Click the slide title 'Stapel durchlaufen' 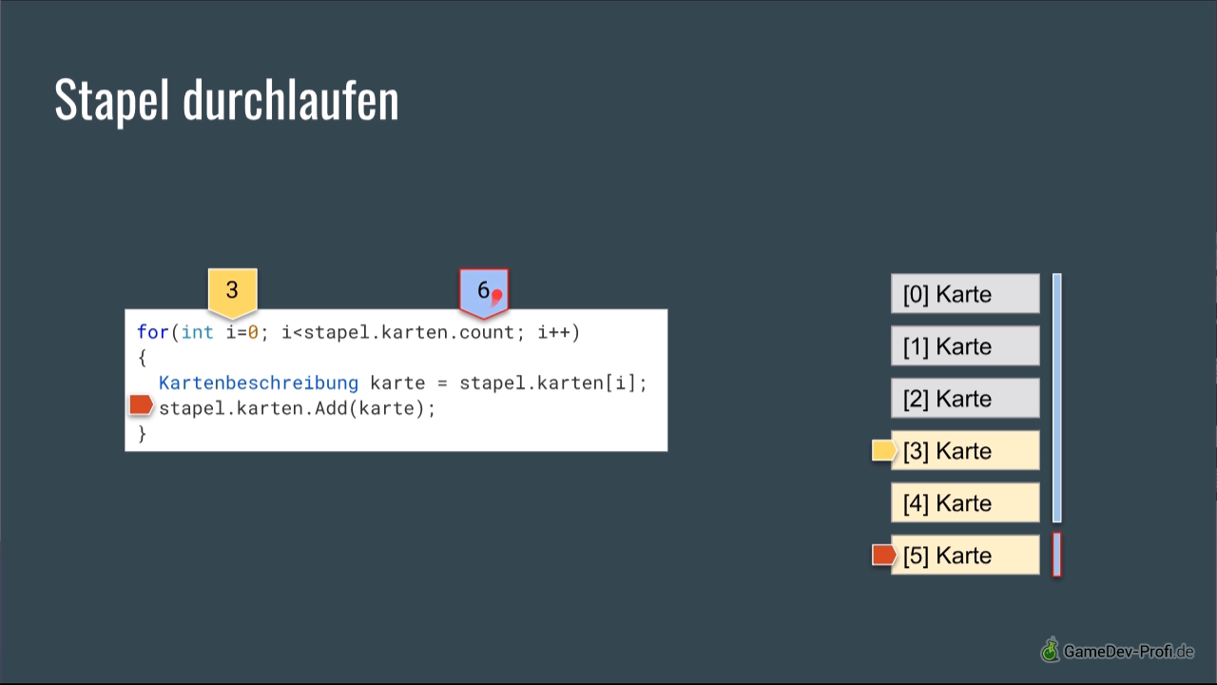point(226,101)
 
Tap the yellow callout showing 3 point(233,292)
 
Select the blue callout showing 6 point(484,292)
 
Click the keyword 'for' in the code point(153,332)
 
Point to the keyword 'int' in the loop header point(197,332)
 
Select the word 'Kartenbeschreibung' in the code point(259,383)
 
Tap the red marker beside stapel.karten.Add point(142,405)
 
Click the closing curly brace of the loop point(142,434)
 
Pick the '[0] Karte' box point(965,294)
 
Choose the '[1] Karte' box point(965,345)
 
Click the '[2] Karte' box point(965,398)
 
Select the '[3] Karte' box point(965,450)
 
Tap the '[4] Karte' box point(965,502)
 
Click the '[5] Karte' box point(965,555)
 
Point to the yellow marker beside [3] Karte point(883,450)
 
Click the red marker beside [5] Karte point(883,555)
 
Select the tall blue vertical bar point(1056,398)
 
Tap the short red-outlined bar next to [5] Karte point(1056,555)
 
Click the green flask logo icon point(1051,650)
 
